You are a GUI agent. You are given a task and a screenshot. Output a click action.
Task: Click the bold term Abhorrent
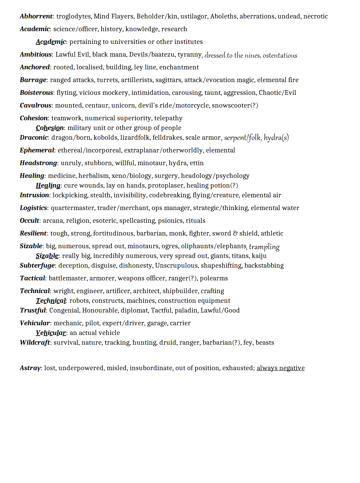coord(36,16)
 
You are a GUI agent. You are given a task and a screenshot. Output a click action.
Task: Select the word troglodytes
coord(74,16)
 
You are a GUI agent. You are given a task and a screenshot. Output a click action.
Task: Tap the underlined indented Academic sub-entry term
coord(51,42)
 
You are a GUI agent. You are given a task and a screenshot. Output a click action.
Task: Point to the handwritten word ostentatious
coord(280,55)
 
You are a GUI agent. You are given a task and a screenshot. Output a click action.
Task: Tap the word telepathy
coord(168,118)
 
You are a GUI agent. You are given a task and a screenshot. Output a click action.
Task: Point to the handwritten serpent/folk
coord(242,138)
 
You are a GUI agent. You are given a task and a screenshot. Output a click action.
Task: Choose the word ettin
coord(197,163)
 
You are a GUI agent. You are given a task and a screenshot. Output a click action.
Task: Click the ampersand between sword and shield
coord(235,233)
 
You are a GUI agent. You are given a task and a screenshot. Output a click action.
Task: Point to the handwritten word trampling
coord(264,247)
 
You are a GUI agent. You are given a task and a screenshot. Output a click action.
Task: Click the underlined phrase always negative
coord(281,368)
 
